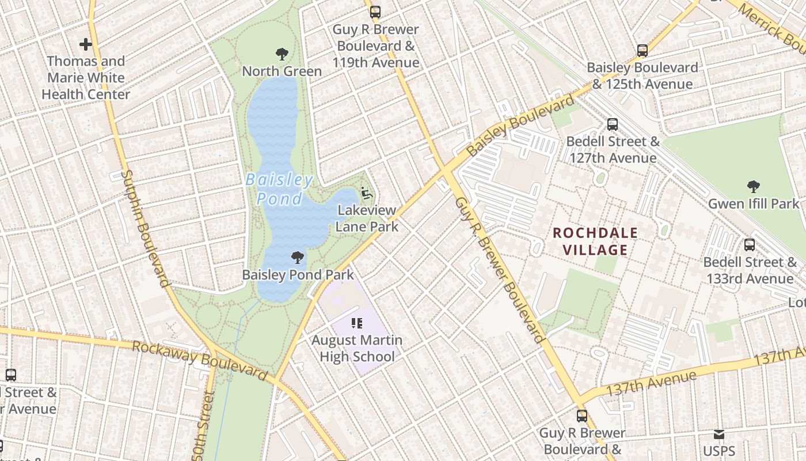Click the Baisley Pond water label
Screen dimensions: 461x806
click(279, 189)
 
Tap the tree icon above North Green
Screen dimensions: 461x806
click(282, 55)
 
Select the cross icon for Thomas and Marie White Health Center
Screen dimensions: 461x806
click(86, 44)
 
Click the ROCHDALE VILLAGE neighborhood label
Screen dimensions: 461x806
click(595, 241)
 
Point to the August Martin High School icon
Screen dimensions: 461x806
click(357, 324)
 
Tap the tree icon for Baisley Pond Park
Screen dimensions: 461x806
click(297, 258)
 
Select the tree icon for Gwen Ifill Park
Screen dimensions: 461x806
click(753, 187)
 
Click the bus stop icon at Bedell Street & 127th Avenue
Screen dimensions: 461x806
click(613, 124)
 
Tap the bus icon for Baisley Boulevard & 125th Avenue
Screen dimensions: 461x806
click(642, 51)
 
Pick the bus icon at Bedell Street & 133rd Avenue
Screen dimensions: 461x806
click(749, 245)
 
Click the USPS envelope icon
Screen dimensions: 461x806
click(718, 434)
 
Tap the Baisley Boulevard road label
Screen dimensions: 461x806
click(520, 125)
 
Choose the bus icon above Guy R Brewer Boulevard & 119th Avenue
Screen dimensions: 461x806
click(375, 12)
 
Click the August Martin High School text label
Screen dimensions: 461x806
click(357, 348)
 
